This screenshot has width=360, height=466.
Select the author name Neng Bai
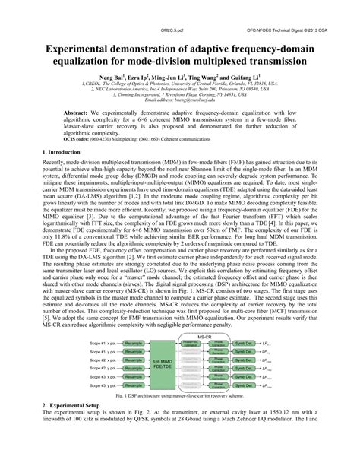pos(116,78)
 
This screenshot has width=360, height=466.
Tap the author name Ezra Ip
pos(147,78)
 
